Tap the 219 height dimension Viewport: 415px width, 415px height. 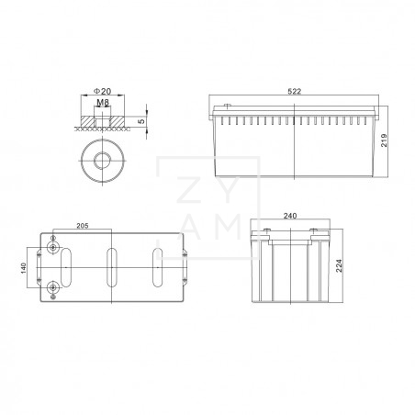coord(389,140)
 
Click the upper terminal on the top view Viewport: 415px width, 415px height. coord(54,248)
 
